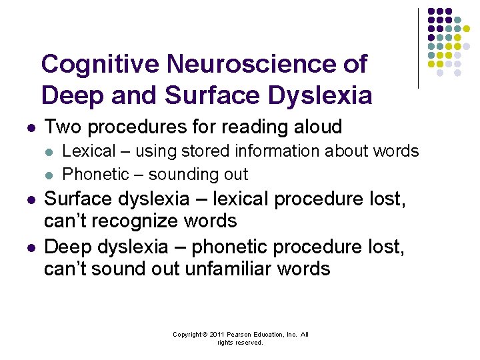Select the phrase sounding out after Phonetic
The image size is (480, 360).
198,175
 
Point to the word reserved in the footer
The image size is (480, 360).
249,343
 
